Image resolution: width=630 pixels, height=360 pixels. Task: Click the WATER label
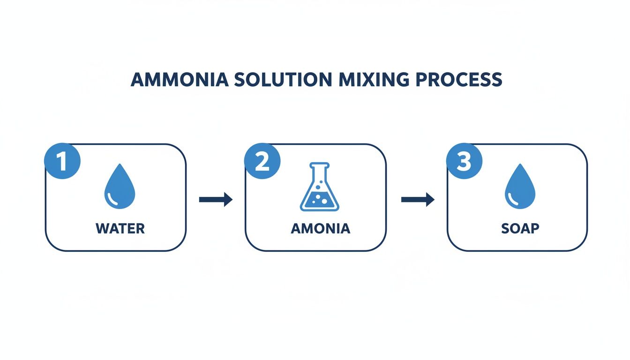(120, 229)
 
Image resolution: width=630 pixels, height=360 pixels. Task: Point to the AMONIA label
(320, 229)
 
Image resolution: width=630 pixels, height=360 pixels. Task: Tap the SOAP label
(520, 229)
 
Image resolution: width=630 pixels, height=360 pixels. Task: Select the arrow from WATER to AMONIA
(216, 200)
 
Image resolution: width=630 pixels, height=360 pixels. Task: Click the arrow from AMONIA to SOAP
(418, 200)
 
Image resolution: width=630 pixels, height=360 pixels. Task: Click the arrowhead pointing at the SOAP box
(429, 200)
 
